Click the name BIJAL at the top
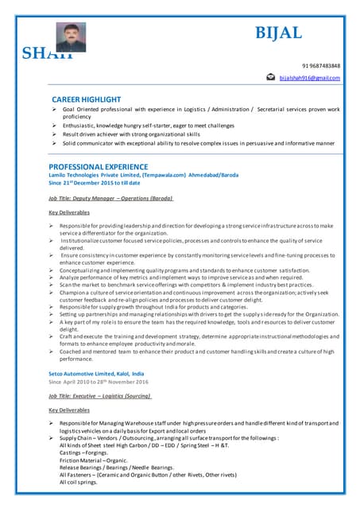(277, 33)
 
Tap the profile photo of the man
(70, 37)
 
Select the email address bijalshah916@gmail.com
(309, 78)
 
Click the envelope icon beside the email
(270, 78)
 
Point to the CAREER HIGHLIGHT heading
(87, 98)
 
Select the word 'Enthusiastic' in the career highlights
(83, 125)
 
